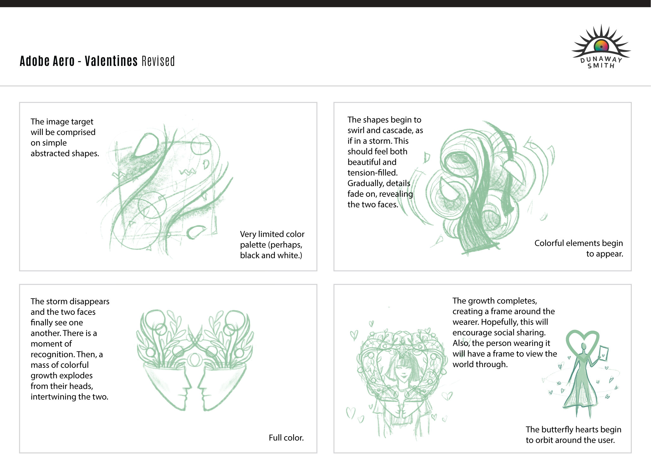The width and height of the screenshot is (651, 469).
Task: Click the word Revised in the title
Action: [158, 61]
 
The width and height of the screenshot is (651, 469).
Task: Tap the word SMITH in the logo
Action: [601, 66]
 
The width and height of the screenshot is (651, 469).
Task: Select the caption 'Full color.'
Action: [286, 438]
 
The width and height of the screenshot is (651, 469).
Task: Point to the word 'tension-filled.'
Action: [372, 173]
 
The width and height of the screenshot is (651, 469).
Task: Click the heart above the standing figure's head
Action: [582, 342]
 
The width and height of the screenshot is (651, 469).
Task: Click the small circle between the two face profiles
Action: [195, 359]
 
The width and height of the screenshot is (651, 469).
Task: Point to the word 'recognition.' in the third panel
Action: [48, 355]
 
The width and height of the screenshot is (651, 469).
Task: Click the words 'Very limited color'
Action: [272, 234]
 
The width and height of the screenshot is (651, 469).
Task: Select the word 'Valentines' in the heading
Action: [111, 61]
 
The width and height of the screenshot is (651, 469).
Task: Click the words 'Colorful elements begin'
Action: [578, 243]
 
